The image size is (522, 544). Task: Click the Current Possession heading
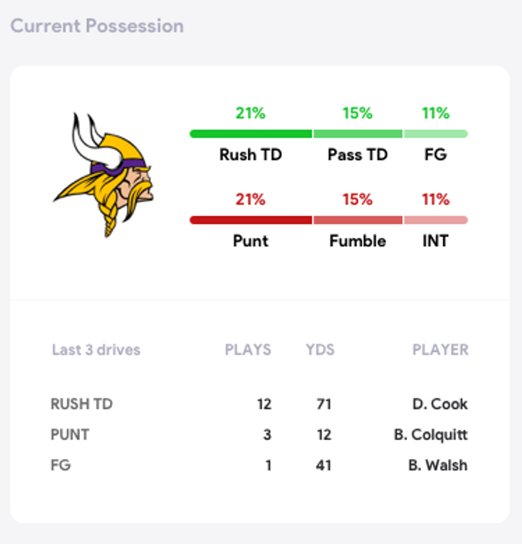pyautogui.click(x=97, y=26)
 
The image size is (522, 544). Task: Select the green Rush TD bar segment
pyautogui.click(x=251, y=134)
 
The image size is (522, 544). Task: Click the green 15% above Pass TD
pyautogui.click(x=357, y=113)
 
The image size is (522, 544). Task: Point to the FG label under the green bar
pyautogui.click(x=435, y=155)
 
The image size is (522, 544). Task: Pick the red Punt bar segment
pyautogui.click(x=251, y=220)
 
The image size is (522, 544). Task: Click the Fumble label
pyautogui.click(x=357, y=241)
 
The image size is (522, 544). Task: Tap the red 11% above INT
pyautogui.click(x=435, y=200)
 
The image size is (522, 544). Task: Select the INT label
pyautogui.click(x=435, y=241)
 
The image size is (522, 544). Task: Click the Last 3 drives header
pyautogui.click(x=96, y=350)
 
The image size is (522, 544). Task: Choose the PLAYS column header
pyautogui.click(x=248, y=350)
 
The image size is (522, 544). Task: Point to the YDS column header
pyautogui.click(x=320, y=350)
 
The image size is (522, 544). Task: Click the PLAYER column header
pyautogui.click(x=441, y=350)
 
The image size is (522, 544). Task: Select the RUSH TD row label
pyautogui.click(x=81, y=404)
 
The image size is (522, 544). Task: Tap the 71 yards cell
pyautogui.click(x=323, y=404)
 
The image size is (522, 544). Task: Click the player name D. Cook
pyautogui.click(x=440, y=404)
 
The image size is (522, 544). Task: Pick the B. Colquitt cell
pyautogui.click(x=430, y=435)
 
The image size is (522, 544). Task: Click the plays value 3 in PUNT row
pyautogui.click(x=267, y=435)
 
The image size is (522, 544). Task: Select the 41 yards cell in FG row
pyautogui.click(x=323, y=465)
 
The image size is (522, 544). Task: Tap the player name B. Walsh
pyautogui.click(x=438, y=465)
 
